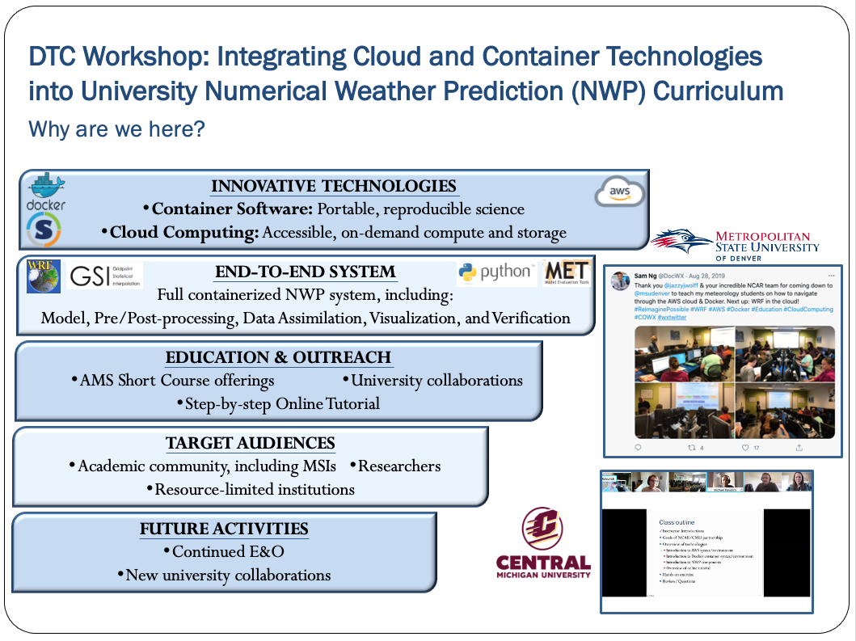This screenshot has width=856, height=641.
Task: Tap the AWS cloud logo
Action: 619,192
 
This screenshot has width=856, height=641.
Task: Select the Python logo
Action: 495,273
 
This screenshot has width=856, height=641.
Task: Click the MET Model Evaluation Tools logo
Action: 567,273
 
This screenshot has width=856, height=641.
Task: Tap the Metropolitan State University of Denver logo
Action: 736,242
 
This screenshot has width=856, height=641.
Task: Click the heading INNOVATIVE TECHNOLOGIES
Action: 334,187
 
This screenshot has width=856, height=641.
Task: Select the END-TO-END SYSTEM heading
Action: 305,272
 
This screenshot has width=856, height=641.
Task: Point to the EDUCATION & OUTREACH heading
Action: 278,357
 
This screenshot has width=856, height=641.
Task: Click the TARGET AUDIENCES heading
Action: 250,443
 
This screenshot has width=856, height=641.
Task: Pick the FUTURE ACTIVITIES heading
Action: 224,529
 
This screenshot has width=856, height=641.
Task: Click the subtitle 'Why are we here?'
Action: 116,129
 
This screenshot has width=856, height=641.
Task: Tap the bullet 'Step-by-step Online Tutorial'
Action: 278,403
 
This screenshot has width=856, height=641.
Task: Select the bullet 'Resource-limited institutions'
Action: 250,489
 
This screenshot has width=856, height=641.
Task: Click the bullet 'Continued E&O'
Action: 223,552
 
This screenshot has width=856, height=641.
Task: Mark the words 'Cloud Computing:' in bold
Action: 184,233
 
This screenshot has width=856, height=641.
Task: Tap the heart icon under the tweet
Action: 744,447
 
